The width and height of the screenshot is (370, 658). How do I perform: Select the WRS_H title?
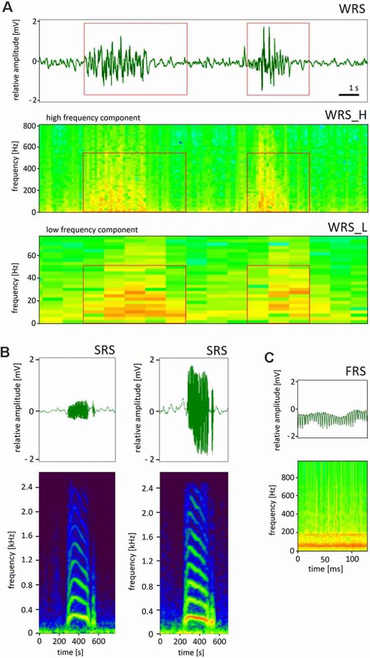pyautogui.click(x=348, y=115)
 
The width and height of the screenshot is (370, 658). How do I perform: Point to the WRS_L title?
pyautogui.click(x=349, y=227)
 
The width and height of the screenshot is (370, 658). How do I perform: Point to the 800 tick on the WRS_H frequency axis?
pyautogui.click(x=30, y=126)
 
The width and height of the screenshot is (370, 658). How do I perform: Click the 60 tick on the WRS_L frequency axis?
pyautogui.click(x=31, y=255)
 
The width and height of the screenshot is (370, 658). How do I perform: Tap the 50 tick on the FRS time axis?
pyautogui.click(x=324, y=558)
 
